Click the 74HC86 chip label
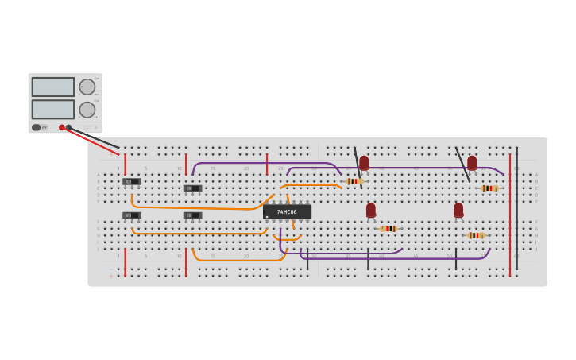(287, 212)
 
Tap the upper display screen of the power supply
(53, 87)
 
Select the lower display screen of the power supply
(53, 109)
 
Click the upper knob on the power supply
(87, 87)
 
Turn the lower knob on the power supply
(87, 110)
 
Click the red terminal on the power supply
(62, 127)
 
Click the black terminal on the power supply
(68, 127)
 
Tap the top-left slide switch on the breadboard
(132, 181)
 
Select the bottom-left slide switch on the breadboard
(132, 215)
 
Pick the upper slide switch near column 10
(192, 188)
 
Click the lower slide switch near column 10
(192, 215)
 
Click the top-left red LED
(364, 163)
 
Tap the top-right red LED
(472, 163)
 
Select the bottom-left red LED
(371, 210)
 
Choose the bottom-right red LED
(458, 210)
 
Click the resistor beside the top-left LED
(354, 181)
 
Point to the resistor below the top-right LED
(489, 188)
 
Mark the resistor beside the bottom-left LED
(388, 229)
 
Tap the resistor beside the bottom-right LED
(475, 235)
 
